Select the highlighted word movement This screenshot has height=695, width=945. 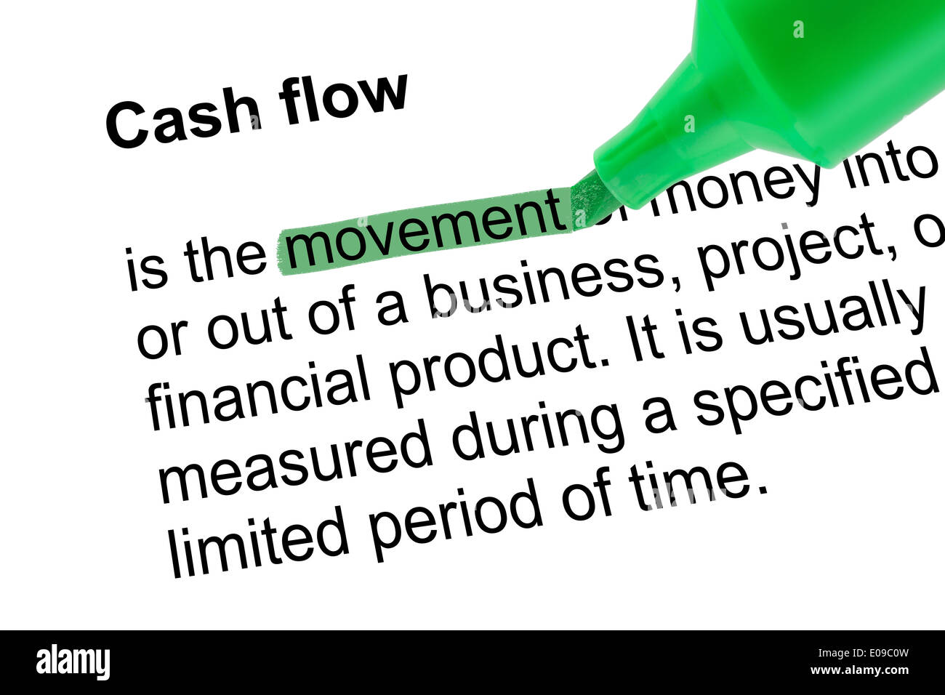click(425, 230)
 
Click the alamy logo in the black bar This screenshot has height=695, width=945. click(73, 662)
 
